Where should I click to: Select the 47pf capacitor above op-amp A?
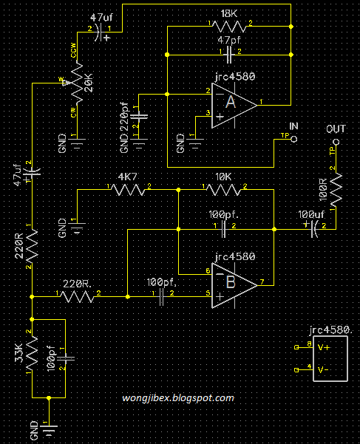coord(231,54)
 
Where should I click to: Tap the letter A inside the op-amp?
coord(230,103)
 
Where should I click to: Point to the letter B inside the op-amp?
coord(230,281)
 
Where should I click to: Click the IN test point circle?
coord(293,139)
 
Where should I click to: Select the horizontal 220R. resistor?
coord(78,296)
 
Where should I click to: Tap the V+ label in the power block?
coord(323,346)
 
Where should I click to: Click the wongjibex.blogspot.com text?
coord(178,398)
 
